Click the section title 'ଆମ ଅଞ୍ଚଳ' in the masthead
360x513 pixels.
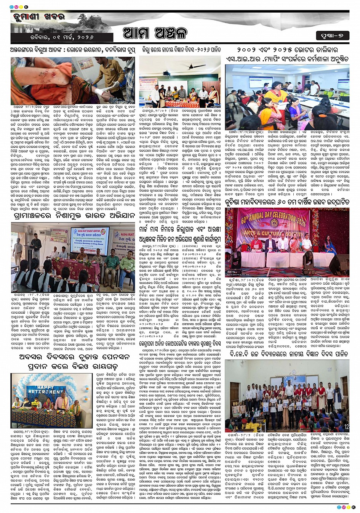point(155,33)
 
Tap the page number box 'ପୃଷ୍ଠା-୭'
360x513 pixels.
point(332,36)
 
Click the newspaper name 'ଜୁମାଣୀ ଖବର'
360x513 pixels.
point(34,17)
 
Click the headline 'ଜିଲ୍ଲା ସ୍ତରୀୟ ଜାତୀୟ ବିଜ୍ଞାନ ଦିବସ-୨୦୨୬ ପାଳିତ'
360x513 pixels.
point(181,50)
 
